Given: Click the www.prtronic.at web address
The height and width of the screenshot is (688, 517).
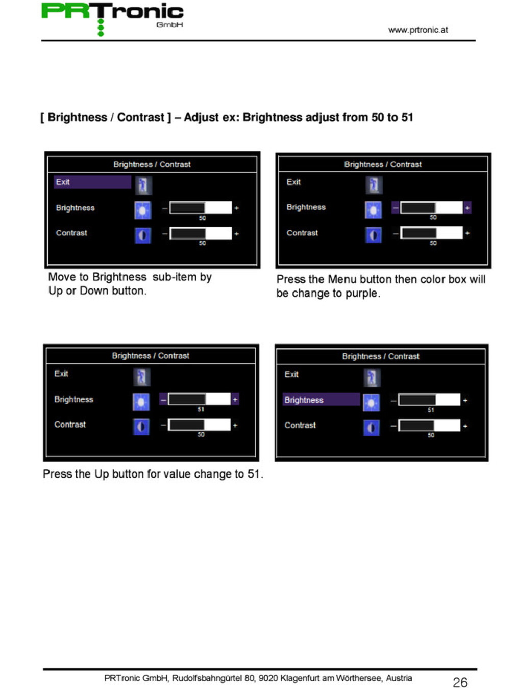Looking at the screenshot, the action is click(x=418, y=30).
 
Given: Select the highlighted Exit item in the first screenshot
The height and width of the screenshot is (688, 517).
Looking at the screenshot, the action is click(x=92, y=182).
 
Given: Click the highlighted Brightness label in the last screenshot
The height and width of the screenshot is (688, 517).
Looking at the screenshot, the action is click(x=321, y=400).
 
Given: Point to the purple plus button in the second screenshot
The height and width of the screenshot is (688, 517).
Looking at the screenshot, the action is click(x=467, y=207).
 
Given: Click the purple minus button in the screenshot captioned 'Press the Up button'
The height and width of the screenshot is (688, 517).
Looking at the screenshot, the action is click(x=163, y=400).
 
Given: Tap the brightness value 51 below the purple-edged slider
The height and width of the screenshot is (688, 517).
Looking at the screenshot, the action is click(x=201, y=409).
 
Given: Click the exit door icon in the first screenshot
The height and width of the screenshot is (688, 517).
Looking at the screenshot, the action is click(x=143, y=185).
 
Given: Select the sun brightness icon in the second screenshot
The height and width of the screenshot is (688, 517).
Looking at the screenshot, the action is click(x=373, y=209).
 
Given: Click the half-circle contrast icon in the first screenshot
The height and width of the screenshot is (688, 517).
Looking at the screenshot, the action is click(x=143, y=235).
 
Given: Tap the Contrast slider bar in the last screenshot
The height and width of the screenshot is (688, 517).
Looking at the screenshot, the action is click(x=429, y=426).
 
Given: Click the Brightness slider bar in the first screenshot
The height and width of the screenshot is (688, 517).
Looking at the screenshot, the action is click(x=201, y=207).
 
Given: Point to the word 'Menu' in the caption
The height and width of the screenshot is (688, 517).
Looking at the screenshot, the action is click(x=342, y=279).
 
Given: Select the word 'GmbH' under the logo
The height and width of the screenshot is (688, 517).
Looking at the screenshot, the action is click(x=169, y=25).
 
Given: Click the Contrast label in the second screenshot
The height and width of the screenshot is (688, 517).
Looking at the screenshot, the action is click(x=302, y=233).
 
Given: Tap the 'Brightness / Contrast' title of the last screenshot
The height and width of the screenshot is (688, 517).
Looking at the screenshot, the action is click(x=380, y=356).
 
